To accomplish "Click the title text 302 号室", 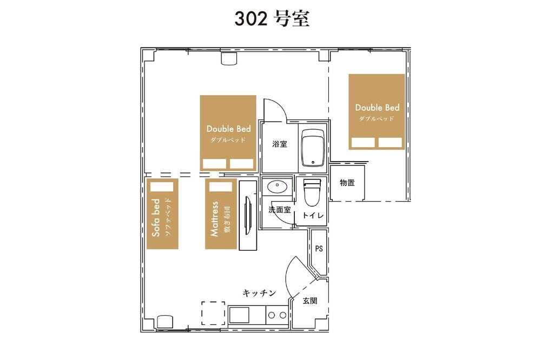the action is (x=272, y=18).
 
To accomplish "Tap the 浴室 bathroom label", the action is (x=280, y=144).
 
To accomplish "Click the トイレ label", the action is (x=313, y=215).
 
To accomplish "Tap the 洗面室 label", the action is (x=280, y=210).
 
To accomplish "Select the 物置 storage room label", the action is (x=347, y=183).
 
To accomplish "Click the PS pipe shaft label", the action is (x=319, y=248).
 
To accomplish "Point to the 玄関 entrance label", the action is (x=310, y=301).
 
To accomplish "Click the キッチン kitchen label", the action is (x=260, y=293).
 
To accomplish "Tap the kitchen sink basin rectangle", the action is (x=239, y=315).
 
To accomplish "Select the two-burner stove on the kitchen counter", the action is (x=277, y=315).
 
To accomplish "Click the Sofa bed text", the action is (x=156, y=218).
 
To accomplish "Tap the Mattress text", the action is (x=215, y=219).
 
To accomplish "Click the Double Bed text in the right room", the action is (x=377, y=108).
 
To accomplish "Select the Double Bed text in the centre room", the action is (x=228, y=129).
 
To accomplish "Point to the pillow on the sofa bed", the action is (x=161, y=186).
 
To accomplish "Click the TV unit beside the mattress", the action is (x=248, y=215).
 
